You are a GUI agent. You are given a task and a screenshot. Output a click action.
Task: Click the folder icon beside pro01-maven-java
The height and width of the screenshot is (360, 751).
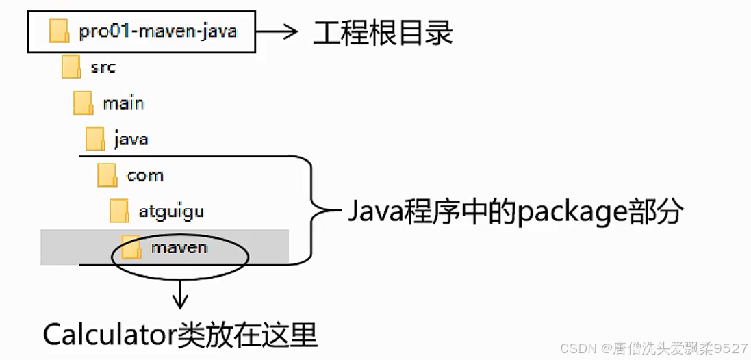(60, 31)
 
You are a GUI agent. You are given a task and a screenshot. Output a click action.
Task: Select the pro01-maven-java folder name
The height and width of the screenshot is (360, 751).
(157, 31)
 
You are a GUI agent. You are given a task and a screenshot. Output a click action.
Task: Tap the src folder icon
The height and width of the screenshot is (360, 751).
(71, 67)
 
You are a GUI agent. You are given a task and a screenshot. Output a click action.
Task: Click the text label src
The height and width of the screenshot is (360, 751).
(103, 67)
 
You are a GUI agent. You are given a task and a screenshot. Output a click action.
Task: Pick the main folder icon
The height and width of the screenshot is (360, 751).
(84, 103)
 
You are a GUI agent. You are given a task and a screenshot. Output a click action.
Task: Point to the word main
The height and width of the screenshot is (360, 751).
(123, 103)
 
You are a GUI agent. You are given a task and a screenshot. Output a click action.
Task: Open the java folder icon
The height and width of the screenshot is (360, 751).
(95, 140)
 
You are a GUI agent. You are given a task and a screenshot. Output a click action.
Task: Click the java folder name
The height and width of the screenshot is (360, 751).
(131, 140)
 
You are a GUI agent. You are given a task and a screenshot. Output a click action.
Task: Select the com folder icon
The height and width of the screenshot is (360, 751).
(107, 175)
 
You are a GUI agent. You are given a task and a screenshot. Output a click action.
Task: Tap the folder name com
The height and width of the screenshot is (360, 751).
(145, 176)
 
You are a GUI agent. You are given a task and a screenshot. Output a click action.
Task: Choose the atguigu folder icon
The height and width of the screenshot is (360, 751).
(120, 211)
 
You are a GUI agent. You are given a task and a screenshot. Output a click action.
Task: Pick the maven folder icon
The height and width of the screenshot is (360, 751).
(131, 247)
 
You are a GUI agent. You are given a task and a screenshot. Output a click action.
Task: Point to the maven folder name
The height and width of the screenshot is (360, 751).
(179, 247)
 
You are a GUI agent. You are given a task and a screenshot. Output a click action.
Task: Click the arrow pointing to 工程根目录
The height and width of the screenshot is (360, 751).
(277, 31)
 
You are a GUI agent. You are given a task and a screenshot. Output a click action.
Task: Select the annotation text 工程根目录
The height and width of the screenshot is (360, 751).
(383, 32)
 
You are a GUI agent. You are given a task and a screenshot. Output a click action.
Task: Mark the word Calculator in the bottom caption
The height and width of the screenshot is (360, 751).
(110, 335)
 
